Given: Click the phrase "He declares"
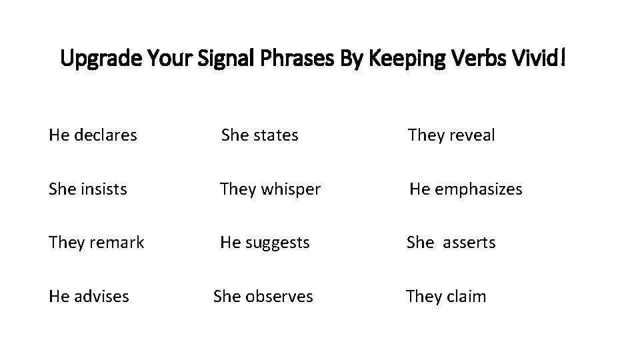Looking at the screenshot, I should point(93,135).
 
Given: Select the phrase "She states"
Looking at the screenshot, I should point(259,135).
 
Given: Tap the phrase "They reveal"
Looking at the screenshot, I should point(451,135).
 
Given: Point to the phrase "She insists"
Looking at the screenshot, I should point(87,189).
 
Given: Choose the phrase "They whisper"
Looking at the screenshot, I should point(270,189).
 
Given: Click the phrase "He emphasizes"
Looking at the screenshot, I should point(465,189).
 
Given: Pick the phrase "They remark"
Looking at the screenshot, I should point(96,243).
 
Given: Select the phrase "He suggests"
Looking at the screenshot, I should point(265,243).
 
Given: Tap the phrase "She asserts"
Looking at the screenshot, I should point(451,243).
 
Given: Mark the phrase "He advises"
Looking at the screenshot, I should point(89,296).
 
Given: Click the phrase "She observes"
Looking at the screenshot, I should point(263,296).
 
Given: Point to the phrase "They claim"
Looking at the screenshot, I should point(446,296).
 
